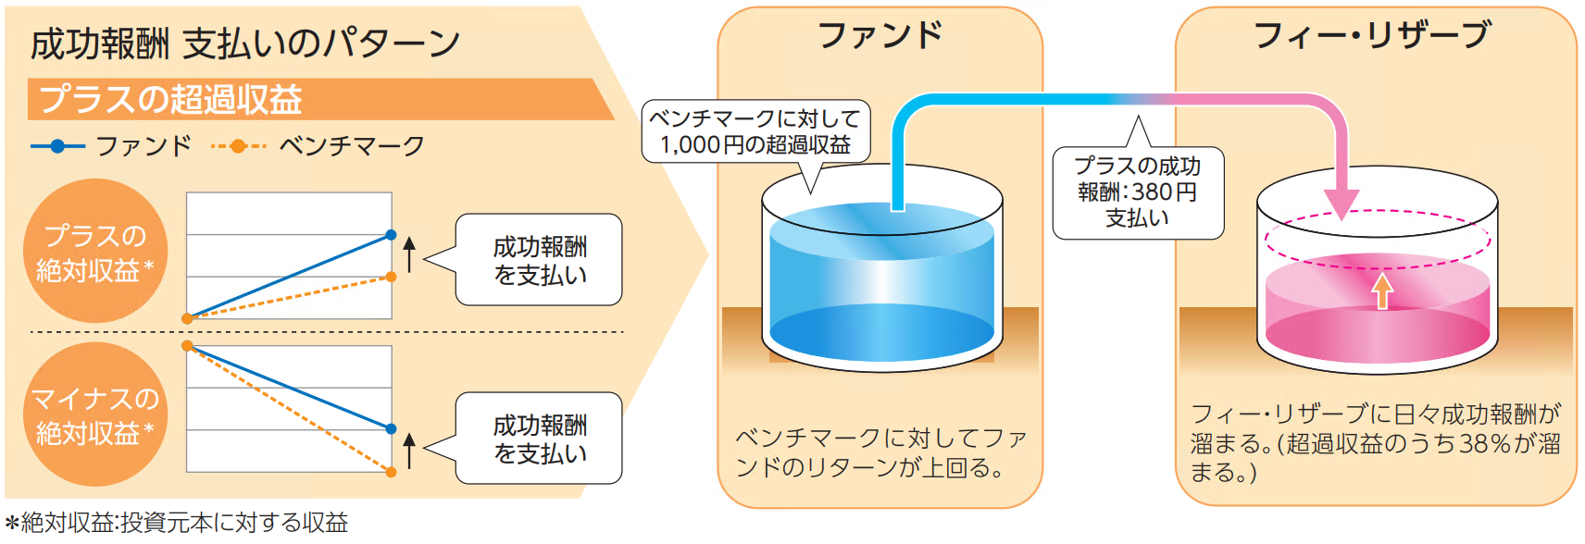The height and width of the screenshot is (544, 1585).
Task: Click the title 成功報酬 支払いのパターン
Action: (245, 43)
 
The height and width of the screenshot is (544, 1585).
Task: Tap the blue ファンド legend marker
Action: (57, 146)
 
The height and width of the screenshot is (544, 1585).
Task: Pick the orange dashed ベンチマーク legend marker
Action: (238, 146)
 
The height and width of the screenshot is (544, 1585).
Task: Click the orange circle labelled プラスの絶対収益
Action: (94, 252)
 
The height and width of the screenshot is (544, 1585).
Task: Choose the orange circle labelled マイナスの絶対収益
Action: (94, 414)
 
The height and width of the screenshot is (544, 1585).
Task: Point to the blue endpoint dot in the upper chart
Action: (391, 235)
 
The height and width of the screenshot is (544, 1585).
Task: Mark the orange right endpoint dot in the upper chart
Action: (391, 277)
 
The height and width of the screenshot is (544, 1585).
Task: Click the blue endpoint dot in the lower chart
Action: (391, 428)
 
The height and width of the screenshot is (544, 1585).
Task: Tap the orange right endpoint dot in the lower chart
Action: (391, 472)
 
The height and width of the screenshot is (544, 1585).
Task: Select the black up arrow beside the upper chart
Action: (409, 253)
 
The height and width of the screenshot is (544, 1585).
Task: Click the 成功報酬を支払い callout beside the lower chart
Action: (539, 439)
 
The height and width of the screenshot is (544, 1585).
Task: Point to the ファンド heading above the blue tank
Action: (880, 36)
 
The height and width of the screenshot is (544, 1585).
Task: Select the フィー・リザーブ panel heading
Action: (1372, 36)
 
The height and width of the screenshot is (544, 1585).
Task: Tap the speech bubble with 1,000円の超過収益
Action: (755, 131)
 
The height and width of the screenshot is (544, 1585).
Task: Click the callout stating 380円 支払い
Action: (1138, 192)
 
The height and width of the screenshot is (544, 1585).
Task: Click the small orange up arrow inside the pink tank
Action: (1381, 291)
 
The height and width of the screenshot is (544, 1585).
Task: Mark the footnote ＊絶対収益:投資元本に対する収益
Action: (176, 523)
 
